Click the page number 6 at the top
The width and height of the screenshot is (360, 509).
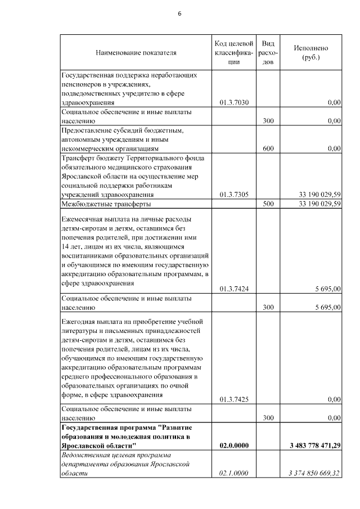[179, 13]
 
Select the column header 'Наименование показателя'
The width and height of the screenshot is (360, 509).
[136, 53]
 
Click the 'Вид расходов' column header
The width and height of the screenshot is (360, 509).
[268, 53]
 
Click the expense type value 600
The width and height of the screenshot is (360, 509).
[268, 148]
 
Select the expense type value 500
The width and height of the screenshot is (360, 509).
[268, 204]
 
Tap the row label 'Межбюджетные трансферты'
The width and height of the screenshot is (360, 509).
[98, 204]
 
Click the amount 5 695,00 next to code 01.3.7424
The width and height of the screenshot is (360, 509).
[327, 289]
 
